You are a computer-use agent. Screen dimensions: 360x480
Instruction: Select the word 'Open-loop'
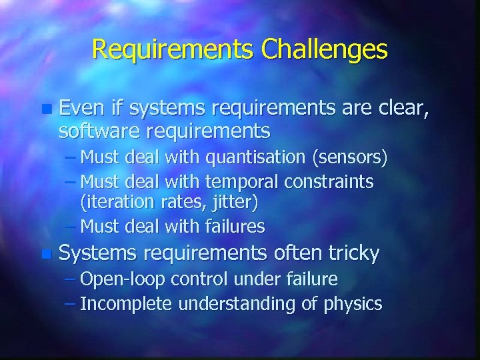pyautogui.click(x=115, y=279)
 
